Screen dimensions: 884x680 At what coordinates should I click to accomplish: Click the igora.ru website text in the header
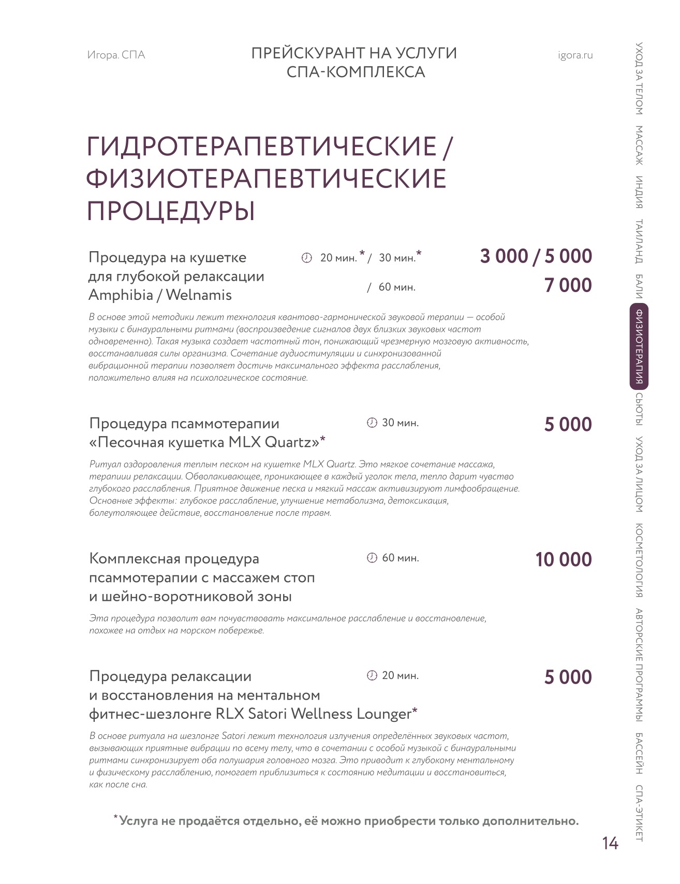click(x=575, y=55)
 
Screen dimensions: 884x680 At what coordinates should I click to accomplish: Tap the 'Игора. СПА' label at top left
click(x=116, y=55)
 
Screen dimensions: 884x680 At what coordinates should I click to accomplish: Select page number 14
click(x=610, y=844)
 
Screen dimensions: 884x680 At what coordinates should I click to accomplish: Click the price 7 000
click(x=568, y=285)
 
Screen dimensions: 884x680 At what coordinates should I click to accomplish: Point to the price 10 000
click(x=563, y=560)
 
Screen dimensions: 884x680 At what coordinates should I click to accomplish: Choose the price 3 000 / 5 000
click(x=536, y=256)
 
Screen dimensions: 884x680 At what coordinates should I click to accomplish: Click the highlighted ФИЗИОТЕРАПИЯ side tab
click(x=639, y=346)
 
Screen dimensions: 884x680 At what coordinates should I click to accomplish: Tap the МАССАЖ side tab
click(x=639, y=146)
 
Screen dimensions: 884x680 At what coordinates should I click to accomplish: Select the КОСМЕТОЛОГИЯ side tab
click(x=639, y=560)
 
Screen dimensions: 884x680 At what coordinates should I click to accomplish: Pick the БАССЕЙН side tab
click(x=639, y=753)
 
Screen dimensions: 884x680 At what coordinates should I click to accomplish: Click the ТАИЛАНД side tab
click(x=639, y=241)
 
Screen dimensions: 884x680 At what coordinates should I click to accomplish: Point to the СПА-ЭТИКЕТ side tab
click(x=639, y=814)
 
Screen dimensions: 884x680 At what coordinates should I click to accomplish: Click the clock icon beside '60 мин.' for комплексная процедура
click(x=372, y=558)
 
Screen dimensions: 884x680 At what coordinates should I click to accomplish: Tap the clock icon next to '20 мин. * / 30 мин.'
click(x=307, y=258)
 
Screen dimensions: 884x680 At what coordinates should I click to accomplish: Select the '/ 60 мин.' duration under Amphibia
click(x=392, y=287)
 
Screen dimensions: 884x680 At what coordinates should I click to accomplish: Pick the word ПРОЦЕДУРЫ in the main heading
click(x=171, y=211)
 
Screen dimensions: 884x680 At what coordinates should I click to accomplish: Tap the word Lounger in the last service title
click(x=383, y=714)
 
